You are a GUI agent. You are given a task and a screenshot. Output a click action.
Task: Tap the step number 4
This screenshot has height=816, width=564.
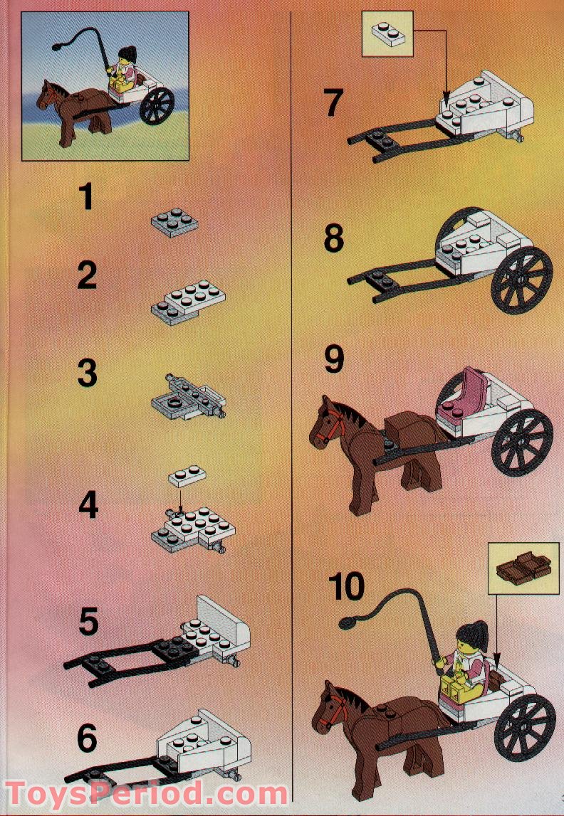click(88, 507)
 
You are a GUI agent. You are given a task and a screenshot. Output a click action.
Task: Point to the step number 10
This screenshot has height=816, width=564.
click(347, 587)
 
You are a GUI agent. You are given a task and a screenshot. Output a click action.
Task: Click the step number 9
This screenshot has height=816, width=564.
click(333, 359)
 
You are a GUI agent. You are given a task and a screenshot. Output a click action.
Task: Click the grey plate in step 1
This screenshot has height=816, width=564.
click(174, 222)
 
